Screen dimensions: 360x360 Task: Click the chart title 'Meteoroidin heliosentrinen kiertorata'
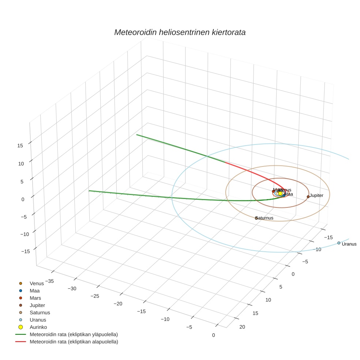(180, 32)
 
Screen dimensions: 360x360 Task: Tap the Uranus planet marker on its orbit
(338, 243)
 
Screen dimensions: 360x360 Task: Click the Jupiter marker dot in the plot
(308, 197)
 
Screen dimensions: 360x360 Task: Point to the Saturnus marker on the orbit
(256, 218)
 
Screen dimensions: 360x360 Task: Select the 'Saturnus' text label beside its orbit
(265, 218)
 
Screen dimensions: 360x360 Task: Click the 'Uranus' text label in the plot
(349, 244)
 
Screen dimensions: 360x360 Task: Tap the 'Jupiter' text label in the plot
(316, 195)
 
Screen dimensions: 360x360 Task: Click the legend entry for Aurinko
(38, 327)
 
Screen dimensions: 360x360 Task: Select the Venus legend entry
(37, 283)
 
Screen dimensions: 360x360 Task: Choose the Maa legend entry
(34, 290)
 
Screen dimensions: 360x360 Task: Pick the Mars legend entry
(35, 298)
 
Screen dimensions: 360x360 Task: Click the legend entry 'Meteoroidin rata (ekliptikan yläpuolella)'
(74, 334)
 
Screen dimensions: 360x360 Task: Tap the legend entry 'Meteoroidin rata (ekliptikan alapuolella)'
(74, 342)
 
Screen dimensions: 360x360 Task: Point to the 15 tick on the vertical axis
(20, 145)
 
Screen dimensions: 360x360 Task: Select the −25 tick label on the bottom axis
(95, 296)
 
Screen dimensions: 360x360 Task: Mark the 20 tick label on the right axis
(242, 327)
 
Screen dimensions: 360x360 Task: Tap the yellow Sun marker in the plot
(280, 193)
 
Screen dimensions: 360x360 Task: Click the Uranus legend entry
(38, 320)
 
